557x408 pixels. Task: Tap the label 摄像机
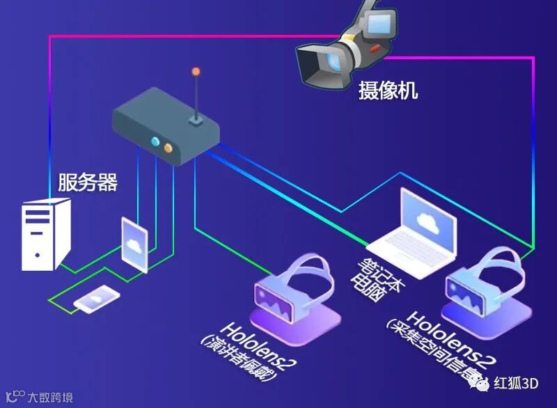(x=389, y=90)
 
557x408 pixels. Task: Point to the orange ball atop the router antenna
(x=196, y=71)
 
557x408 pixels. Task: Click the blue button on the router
(x=156, y=142)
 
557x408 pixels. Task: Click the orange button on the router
(x=168, y=147)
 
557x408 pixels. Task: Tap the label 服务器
(x=88, y=183)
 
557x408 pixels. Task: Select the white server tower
(x=45, y=234)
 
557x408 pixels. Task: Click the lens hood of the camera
(x=313, y=63)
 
